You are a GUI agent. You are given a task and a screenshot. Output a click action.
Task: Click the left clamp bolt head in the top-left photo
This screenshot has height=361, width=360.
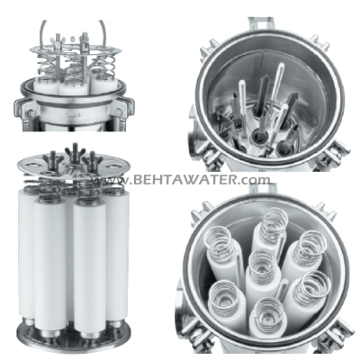tap(31, 113)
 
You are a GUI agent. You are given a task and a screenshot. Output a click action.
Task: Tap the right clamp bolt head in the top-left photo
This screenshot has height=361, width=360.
tap(119, 113)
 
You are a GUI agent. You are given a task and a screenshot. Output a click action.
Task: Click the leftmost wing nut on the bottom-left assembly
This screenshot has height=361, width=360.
tap(53, 158)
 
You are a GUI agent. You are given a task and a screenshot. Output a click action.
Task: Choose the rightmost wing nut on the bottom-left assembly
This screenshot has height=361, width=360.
tap(93, 158)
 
